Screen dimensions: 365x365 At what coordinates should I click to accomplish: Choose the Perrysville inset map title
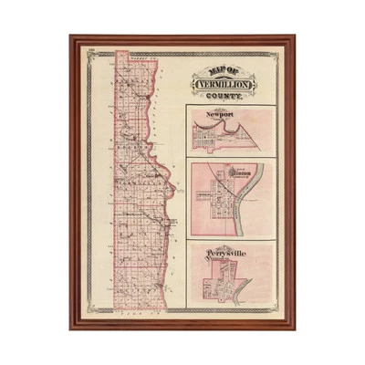pyautogui.click(x=223, y=249)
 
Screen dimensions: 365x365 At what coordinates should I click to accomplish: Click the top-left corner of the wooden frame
pyautogui.click(x=71, y=37)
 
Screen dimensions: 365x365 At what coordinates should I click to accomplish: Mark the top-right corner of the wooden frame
pyautogui.click(x=294, y=37)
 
